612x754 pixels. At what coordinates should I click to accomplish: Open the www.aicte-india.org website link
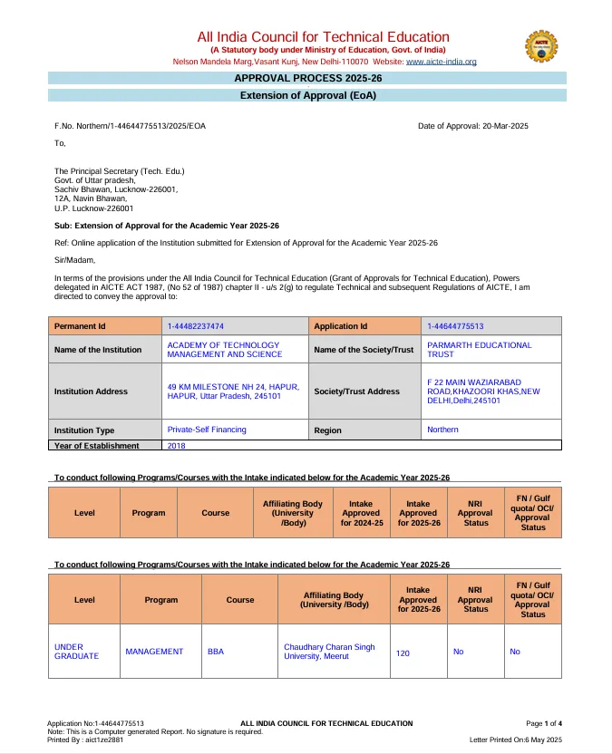tap(441, 62)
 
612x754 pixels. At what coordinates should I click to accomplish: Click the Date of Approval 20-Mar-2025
tap(472, 125)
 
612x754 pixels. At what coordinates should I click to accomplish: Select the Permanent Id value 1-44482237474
tap(196, 325)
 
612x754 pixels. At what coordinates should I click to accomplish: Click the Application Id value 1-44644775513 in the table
tap(455, 325)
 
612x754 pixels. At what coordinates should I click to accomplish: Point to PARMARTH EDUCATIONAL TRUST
tap(480, 350)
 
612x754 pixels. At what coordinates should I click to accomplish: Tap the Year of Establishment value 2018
tap(177, 446)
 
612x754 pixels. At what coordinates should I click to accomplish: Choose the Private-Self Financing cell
tap(207, 429)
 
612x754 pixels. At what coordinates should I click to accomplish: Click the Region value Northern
tap(442, 429)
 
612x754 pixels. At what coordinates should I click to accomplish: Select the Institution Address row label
tap(91, 391)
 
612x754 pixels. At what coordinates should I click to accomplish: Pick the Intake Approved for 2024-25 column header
tap(362, 513)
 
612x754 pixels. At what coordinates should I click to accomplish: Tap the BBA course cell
tap(216, 652)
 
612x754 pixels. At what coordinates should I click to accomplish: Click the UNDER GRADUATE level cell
tap(77, 652)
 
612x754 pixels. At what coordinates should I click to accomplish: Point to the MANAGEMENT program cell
tap(154, 652)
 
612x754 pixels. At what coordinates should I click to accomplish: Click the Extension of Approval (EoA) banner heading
tap(307, 95)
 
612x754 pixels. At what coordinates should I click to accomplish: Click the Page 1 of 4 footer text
tap(544, 723)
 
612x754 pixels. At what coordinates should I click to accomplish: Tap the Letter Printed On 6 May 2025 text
tap(516, 739)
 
